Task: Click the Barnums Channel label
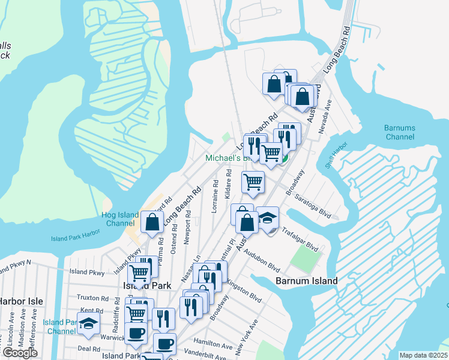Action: tap(400, 132)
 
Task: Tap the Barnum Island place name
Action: tap(306, 280)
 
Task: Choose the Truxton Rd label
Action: tap(92, 297)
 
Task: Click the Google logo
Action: tap(20, 353)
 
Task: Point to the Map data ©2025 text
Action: tap(423, 355)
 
